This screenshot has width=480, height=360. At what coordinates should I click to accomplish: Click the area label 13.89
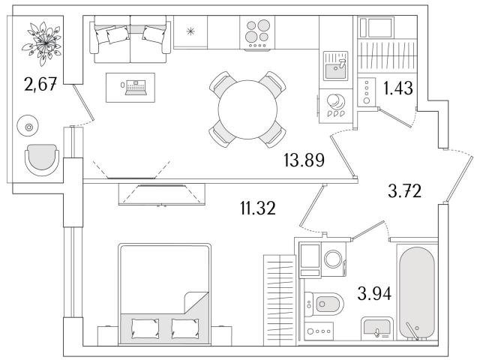click(304, 160)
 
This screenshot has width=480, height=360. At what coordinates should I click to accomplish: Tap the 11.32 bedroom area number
click(258, 208)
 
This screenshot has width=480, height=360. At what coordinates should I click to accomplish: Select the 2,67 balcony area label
click(40, 84)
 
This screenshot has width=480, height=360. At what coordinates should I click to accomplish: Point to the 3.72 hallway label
click(404, 191)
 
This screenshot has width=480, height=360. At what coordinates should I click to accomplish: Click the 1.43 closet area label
click(398, 88)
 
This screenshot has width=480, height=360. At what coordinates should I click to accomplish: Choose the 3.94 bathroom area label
click(374, 293)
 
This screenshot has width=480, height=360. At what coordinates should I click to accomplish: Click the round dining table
click(247, 109)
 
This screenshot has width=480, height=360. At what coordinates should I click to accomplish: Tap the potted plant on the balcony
click(42, 43)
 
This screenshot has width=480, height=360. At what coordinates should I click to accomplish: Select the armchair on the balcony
click(42, 160)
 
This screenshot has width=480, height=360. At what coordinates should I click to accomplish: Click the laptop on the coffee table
click(135, 87)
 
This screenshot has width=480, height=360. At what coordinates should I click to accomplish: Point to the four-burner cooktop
click(257, 32)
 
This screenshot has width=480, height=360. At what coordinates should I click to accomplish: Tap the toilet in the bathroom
click(324, 304)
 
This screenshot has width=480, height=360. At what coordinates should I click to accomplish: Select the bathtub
click(417, 293)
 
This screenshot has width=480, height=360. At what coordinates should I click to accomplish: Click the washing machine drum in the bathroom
click(333, 259)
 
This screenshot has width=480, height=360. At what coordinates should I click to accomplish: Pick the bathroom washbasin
click(376, 329)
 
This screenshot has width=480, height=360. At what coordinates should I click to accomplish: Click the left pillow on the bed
click(145, 328)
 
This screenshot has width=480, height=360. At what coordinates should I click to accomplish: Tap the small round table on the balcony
click(28, 125)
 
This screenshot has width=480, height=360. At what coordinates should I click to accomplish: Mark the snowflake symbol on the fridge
click(190, 31)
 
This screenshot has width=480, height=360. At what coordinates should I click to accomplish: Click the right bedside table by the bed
click(221, 336)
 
